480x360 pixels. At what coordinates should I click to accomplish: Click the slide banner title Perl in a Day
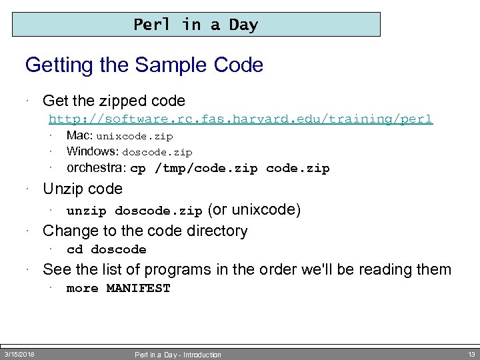point(195,25)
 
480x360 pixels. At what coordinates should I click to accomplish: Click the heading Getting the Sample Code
point(144,65)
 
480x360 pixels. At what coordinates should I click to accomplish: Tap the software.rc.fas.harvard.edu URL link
point(241,119)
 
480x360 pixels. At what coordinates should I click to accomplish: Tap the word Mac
point(79,136)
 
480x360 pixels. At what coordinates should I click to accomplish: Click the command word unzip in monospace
point(87,211)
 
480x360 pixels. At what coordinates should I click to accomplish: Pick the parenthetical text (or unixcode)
point(255,211)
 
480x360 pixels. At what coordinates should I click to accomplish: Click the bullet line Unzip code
point(82,189)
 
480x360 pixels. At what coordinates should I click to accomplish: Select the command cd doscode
point(107,250)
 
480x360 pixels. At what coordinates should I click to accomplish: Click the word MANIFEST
point(139,289)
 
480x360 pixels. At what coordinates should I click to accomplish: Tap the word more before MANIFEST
point(83,289)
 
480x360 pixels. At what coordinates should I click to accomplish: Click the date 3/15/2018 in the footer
point(19,353)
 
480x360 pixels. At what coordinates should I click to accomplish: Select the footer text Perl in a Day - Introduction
point(178,355)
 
